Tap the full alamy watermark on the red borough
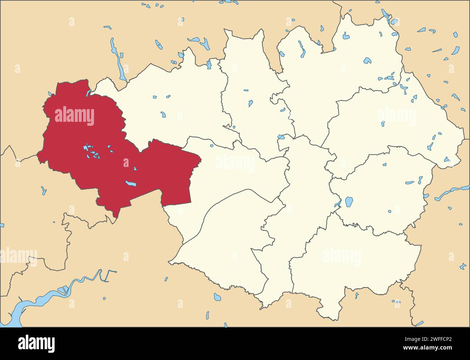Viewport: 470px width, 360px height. click(x=74, y=116)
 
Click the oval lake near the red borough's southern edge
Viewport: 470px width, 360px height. click(x=131, y=184)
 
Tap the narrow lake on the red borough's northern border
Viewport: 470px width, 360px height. click(x=88, y=93)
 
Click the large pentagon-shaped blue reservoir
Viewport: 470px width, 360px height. click(x=349, y=202)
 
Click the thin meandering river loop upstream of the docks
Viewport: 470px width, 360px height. click(x=105, y=275)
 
